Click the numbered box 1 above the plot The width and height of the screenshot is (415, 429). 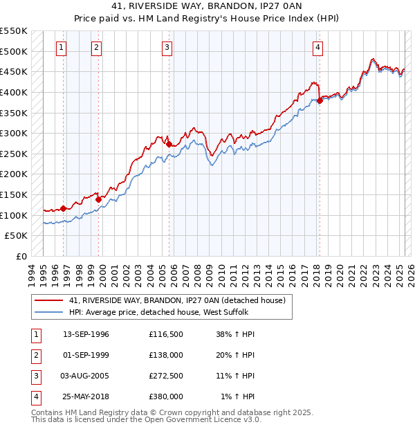[x=62, y=48]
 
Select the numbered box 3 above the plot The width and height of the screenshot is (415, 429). [x=167, y=48]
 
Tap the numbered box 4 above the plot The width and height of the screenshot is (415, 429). [x=317, y=48]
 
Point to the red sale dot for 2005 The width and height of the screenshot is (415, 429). [x=169, y=144]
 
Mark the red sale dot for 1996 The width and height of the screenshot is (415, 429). [x=63, y=208]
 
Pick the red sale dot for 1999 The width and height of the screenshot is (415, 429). [x=98, y=199]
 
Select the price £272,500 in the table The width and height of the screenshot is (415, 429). [x=166, y=377]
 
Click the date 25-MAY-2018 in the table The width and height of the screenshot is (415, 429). [x=86, y=397]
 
